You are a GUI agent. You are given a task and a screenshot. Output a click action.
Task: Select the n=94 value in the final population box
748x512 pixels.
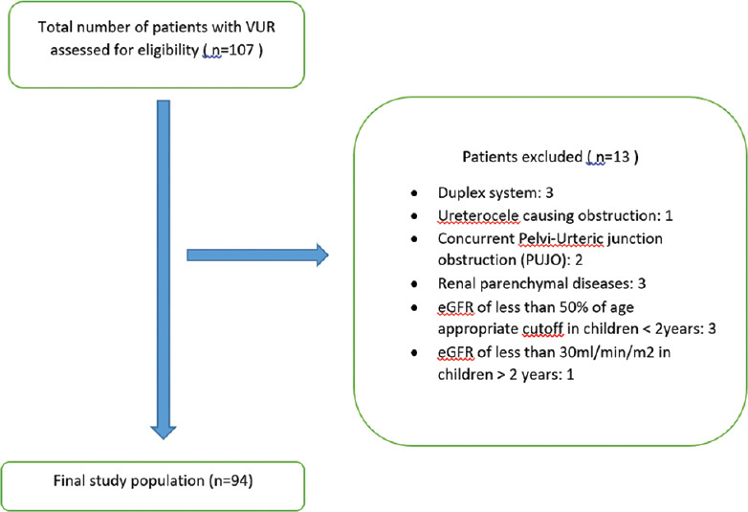[x=231, y=480]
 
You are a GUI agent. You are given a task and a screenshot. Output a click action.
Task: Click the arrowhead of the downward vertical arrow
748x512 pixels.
[x=164, y=432]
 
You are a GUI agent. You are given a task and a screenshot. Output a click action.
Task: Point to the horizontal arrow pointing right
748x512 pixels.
[x=257, y=255]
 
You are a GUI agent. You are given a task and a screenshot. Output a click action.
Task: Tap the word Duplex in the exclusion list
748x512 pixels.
[x=458, y=193]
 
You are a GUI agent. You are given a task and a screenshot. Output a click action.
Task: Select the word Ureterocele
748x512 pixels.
[x=478, y=216]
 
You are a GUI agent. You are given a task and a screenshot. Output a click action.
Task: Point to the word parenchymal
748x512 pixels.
[x=527, y=284]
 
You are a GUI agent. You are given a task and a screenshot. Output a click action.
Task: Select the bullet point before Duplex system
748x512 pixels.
[x=414, y=193]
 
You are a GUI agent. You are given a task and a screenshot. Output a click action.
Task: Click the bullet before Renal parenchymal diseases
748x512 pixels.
[x=414, y=284]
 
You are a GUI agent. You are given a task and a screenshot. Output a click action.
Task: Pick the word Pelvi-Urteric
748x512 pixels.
[x=561, y=238]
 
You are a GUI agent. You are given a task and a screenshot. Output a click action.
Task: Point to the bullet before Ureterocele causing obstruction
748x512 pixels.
[x=414, y=216]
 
